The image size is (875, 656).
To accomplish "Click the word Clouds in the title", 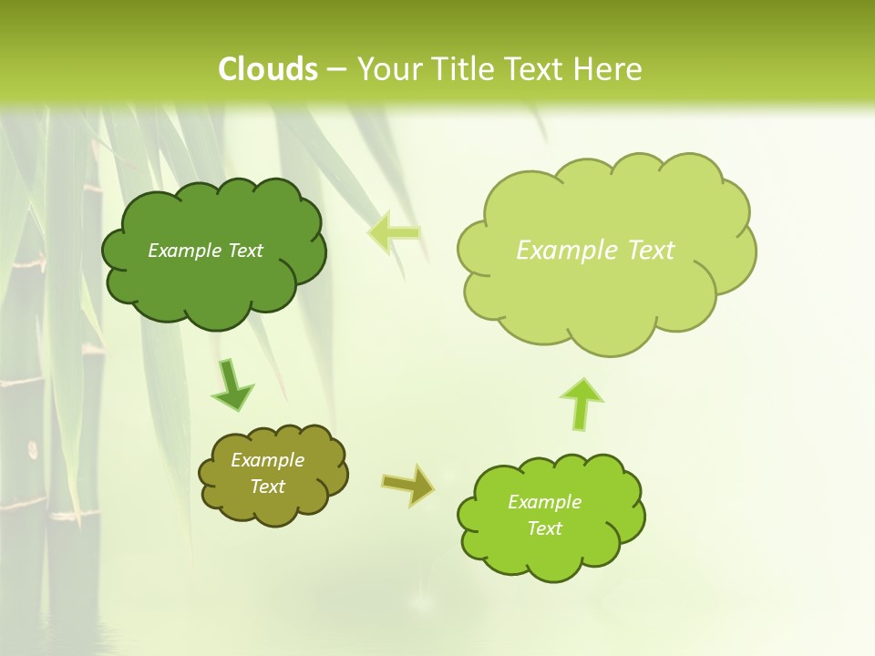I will (268, 69).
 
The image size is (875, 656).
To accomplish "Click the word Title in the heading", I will (459, 69).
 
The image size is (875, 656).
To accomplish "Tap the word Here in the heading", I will (607, 69).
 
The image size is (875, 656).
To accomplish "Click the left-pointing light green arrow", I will (394, 233).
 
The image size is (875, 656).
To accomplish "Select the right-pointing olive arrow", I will (407, 485).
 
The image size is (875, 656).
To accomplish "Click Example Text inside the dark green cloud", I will (205, 251).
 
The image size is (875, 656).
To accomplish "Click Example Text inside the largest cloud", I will (595, 251).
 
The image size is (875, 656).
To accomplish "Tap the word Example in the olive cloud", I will (267, 460).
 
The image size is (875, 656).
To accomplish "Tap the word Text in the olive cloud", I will (267, 487).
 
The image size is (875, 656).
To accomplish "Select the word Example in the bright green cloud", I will (544, 502).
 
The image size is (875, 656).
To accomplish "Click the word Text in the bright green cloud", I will (544, 528).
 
